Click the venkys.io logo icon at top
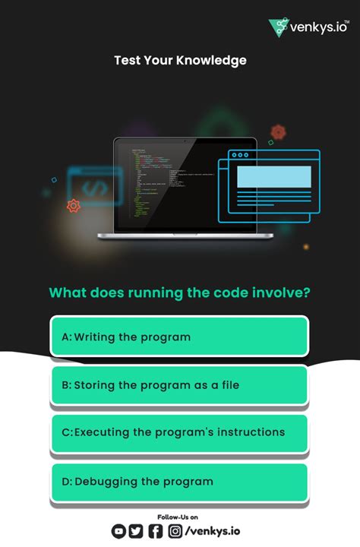coord(279,27)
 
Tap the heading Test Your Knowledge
coord(180,60)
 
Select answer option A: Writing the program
coord(179,337)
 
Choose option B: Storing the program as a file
coord(179,385)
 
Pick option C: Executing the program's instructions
coord(179,433)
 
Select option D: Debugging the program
coord(179,482)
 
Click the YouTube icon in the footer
coord(119,532)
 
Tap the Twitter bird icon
coord(136,532)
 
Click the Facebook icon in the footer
coord(155,532)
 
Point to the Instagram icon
coord(175,532)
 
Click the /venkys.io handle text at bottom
coord(213,532)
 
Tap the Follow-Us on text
coord(180,517)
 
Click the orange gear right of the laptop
coord(278,132)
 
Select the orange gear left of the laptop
coord(74,205)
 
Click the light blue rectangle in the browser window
coord(274,177)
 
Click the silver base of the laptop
coord(185,236)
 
